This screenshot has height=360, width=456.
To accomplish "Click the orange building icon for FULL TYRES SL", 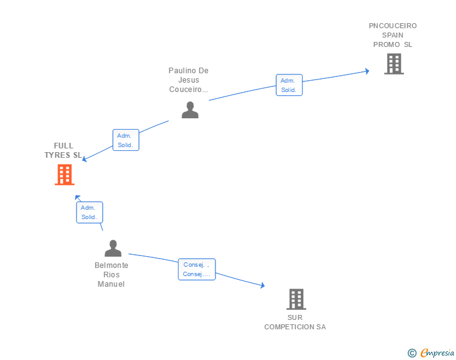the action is point(65,175).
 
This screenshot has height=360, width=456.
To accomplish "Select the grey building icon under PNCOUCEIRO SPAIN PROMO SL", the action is point(394,64).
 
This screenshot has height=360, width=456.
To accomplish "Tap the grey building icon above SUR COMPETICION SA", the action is point(296,299).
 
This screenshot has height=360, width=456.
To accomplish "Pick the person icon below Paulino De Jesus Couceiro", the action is point(190,110).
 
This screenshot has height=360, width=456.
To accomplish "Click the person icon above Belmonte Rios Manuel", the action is point(113,249).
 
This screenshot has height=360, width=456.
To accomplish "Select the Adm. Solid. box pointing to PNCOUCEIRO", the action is point(289,85).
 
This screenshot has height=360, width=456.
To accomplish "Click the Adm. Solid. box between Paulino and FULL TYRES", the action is point(126,140).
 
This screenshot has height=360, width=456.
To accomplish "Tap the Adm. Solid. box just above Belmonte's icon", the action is point(90,212).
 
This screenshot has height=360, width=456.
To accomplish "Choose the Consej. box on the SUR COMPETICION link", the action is point(197,269).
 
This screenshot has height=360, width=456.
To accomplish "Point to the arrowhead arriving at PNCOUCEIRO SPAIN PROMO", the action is point(367,71).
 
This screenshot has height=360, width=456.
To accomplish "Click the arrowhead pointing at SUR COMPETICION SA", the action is point(262,285).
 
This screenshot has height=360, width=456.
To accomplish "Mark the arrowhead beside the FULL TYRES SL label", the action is point(85,159).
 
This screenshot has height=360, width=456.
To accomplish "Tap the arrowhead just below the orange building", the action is point(78,197).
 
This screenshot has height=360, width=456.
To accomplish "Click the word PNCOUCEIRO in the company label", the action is point(393,26).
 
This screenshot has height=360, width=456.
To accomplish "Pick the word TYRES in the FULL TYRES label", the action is point(57,155).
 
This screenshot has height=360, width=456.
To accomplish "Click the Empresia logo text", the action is point(437,352).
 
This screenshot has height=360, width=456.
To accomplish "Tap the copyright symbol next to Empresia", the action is point(412,353).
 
